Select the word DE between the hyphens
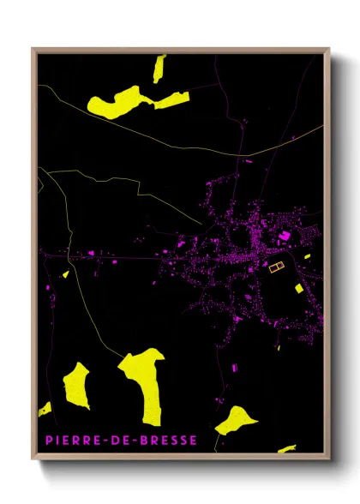(111, 440)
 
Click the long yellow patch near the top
(129, 102)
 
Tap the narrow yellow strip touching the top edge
(159, 67)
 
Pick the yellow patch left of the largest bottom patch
(76, 385)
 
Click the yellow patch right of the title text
(235, 420)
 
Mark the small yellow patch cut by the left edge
(45, 409)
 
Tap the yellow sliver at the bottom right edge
(286, 448)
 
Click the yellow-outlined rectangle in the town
(276, 267)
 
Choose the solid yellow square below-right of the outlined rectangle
(298, 288)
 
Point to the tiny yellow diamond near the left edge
(65, 274)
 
